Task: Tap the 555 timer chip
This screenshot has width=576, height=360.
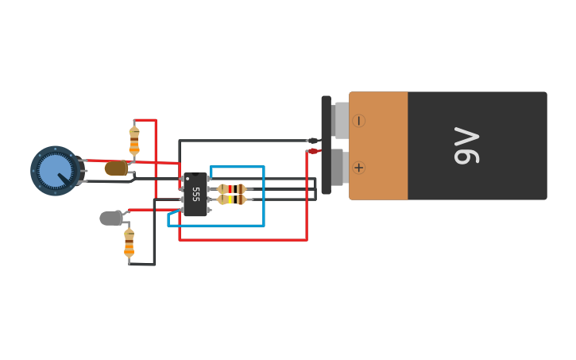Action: click(x=195, y=195)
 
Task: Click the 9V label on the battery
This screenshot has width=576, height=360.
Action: click(x=467, y=145)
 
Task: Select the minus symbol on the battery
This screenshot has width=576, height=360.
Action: click(x=358, y=121)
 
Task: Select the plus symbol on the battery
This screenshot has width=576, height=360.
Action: click(x=358, y=168)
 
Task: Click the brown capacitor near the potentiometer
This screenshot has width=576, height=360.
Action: click(x=116, y=168)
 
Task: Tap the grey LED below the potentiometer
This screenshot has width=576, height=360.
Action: click(x=111, y=218)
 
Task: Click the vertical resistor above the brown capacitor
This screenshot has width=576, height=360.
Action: click(x=134, y=141)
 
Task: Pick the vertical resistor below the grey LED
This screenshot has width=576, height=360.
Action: click(x=129, y=243)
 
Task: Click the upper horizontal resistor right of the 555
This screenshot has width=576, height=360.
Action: click(x=232, y=189)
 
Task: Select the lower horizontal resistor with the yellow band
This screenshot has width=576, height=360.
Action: click(x=232, y=199)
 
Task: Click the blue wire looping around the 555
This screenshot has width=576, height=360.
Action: click(x=263, y=199)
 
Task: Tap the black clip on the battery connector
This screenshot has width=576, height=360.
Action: click(x=313, y=141)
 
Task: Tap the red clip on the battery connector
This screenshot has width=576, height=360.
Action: click(x=313, y=151)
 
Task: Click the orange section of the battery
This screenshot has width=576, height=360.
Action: click(x=379, y=145)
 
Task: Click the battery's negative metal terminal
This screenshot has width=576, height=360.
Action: click(x=341, y=120)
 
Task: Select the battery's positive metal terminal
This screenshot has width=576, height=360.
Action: click(x=338, y=167)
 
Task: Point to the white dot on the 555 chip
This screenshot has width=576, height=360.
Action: click(x=187, y=179)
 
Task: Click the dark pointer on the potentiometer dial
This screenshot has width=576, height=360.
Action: click(x=63, y=178)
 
